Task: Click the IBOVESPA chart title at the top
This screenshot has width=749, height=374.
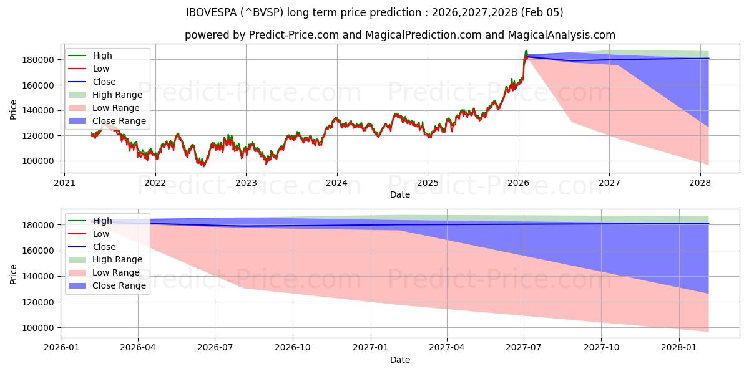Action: pos(374,12)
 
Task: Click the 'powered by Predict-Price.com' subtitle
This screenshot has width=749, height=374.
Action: pos(399,36)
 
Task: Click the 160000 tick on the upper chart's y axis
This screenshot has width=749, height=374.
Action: pos(37,85)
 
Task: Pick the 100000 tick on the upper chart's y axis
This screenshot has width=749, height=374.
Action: pos(37,161)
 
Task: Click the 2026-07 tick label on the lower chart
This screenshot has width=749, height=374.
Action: pos(215,348)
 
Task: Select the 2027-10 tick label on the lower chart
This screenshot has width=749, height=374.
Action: pos(602,348)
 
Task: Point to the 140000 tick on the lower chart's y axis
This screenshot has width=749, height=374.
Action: pos(37,276)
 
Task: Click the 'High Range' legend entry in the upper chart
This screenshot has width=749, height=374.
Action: pos(117,95)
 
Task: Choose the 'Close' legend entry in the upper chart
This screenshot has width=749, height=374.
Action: pos(104,82)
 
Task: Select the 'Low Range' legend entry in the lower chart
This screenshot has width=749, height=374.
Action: pos(116,273)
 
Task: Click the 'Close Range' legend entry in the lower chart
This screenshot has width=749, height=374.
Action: pos(119,286)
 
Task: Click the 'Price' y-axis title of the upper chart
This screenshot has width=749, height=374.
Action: pos(14,110)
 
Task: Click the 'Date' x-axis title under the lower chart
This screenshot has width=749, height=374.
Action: pos(399,360)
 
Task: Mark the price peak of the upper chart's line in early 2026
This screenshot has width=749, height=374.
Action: pos(526,50)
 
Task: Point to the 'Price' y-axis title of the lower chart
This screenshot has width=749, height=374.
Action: pos(14,274)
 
